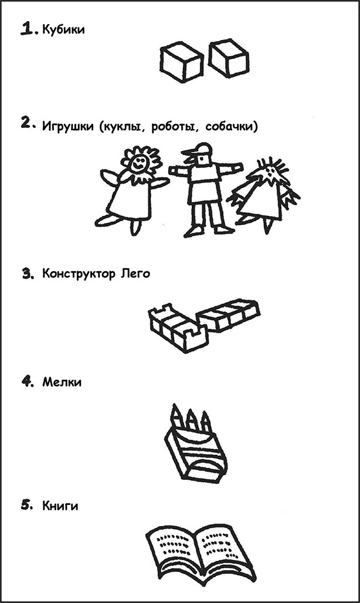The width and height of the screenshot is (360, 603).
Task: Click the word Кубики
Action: [63, 29]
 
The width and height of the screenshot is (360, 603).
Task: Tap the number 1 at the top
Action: [28, 29]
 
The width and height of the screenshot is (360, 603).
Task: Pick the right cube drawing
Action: [228, 58]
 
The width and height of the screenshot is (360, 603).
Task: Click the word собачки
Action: [229, 127]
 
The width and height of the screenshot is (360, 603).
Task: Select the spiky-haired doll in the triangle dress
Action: [264, 197]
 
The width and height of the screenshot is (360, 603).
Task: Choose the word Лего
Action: [135, 274]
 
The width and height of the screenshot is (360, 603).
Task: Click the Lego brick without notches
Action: [228, 314]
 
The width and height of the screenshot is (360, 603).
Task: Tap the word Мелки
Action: [62, 382]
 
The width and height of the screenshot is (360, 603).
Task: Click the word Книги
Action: [60, 506]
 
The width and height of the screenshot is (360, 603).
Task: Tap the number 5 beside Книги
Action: [26, 505]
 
